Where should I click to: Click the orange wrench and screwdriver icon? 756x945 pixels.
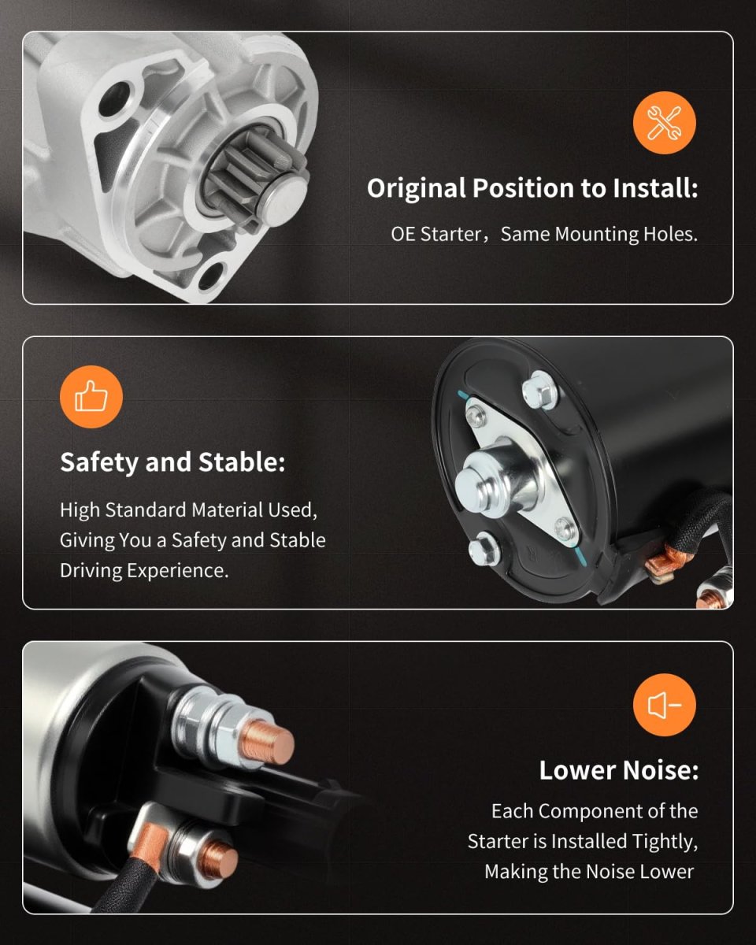tap(664, 123)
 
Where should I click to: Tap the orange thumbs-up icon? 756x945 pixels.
tap(91, 397)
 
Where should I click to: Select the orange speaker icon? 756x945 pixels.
tap(664, 705)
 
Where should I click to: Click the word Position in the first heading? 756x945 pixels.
tap(523, 188)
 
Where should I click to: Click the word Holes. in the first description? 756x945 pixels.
tap(670, 234)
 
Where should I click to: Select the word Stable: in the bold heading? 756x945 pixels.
tap(242, 462)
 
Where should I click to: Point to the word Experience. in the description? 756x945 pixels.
tap(177, 571)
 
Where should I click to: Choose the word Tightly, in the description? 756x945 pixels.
tap(665, 842)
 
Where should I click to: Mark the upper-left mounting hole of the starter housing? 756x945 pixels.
tap(115, 100)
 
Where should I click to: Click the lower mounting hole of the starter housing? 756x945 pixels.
tap(211, 276)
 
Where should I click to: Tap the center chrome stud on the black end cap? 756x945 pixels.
tap(496, 479)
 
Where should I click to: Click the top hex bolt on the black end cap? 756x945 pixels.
tap(539, 390)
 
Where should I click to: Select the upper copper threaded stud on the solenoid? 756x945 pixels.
tap(267, 741)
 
